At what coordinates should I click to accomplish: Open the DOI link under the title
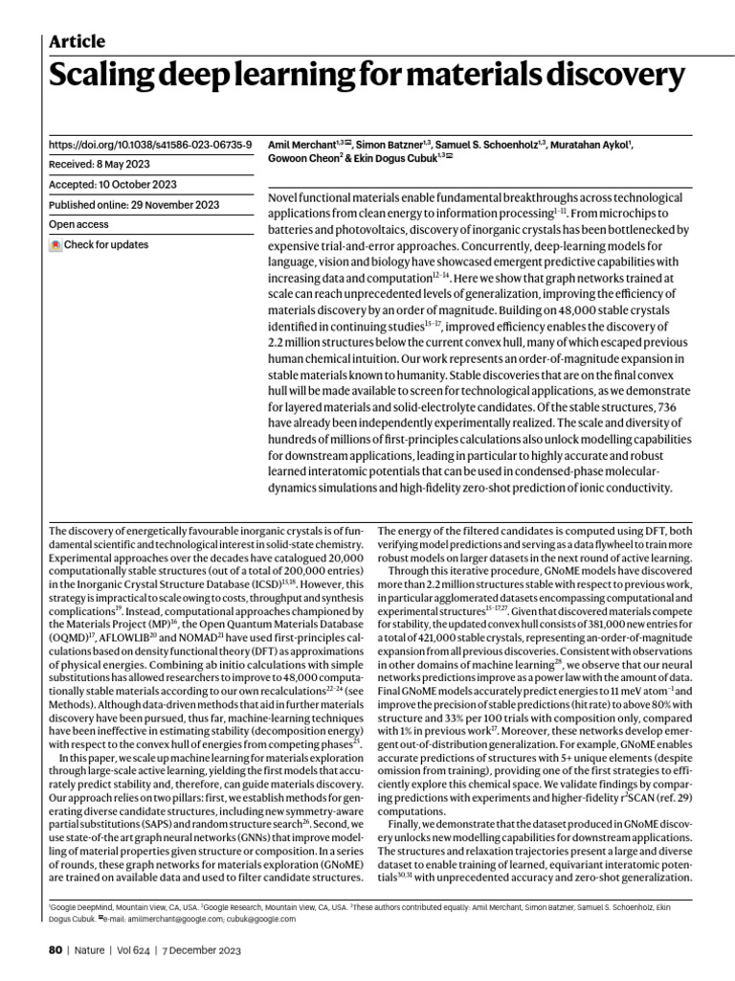(x=150, y=145)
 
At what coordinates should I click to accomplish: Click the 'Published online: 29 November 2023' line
(x=134, y=204)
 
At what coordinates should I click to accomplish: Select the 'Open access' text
(x=78, y=224)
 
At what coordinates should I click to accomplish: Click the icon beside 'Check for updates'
(x=56, y=245)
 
